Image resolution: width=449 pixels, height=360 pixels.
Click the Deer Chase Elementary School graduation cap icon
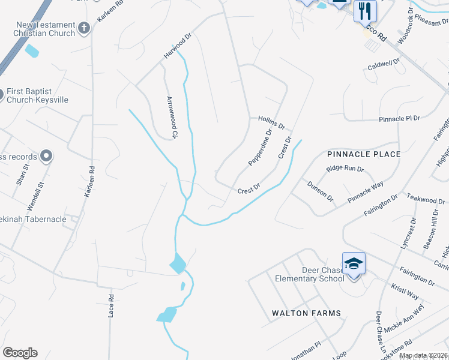(354, 263)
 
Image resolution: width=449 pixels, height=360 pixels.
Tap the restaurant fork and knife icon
(364, 10)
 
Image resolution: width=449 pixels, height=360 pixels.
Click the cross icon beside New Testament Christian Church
(83, 27)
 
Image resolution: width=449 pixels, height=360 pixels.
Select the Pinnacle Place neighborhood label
(364, 154)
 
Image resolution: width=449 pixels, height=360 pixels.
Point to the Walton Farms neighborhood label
(306, 313)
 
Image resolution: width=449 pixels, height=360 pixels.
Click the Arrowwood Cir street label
(170, 118)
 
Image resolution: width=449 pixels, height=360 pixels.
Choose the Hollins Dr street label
(271, 123)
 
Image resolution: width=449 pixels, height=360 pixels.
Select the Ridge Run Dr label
(345, 169)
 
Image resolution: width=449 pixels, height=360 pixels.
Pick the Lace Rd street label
(111, 305)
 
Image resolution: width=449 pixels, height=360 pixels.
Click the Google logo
(20, 353)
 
